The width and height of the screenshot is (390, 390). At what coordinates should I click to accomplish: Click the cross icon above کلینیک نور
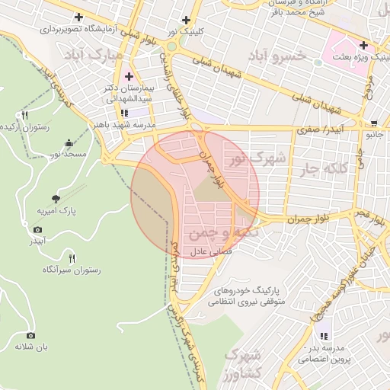[186, 21]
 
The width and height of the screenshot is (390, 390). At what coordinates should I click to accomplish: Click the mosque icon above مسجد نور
[69, 142]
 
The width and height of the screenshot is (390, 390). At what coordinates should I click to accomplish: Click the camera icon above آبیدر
[38, 229]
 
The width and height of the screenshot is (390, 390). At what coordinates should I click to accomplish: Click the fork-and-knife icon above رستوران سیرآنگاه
[72, 257]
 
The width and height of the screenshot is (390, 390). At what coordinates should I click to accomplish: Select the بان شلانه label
[30, 347]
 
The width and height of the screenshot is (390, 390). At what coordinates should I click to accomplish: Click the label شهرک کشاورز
[242, 365]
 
